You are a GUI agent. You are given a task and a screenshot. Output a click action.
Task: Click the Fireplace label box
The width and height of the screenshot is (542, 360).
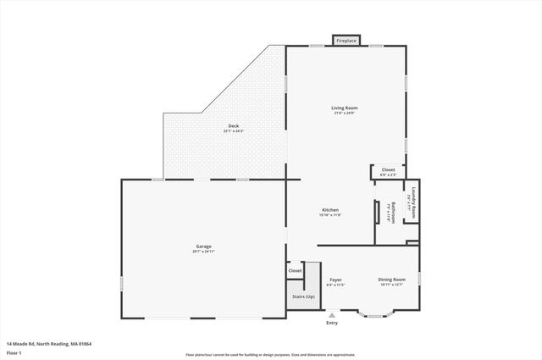point(346,40)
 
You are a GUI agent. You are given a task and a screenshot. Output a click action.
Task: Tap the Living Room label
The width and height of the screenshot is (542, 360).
point(344,108)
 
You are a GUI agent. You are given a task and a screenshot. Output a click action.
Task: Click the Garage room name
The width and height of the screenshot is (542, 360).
point(202,246)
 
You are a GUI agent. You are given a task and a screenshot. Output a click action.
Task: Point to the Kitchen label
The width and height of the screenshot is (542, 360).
point(330,210)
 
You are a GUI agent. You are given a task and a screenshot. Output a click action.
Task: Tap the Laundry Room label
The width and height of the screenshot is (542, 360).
point(414,202)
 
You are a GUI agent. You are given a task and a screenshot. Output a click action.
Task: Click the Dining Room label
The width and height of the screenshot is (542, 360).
point(391,280)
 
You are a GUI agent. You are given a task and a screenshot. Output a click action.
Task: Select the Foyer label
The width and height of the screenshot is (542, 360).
point(335,280)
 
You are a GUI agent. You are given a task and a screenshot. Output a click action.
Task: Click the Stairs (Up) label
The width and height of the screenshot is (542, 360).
point(303,296)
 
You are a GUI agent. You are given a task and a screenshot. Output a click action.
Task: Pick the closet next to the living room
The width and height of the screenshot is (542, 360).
point(388,170)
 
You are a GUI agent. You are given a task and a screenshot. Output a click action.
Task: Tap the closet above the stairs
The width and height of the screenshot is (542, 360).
point(295,271)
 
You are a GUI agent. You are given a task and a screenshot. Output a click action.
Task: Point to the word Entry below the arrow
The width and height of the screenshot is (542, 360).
point(331,323)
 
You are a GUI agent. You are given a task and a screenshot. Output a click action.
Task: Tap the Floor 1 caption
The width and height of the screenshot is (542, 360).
point(14,352)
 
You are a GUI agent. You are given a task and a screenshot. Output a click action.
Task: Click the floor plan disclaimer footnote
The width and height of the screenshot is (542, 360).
point(271,355)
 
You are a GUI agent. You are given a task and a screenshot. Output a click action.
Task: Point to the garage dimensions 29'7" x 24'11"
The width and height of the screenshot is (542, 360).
point(202,252)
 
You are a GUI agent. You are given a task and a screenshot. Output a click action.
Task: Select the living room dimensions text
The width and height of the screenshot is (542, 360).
point(344,113)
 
